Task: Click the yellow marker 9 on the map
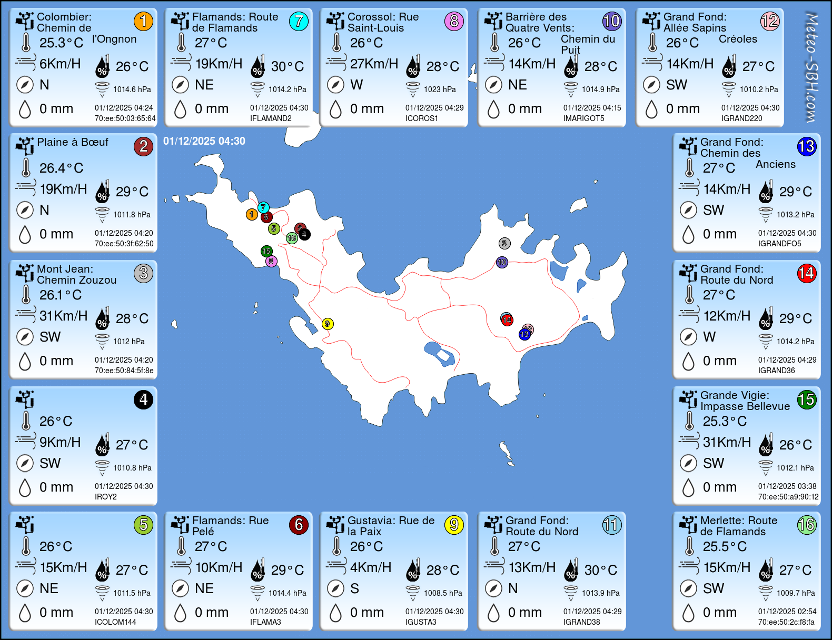click(x=328, y=324)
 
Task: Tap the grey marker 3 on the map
click(x=504, y=243)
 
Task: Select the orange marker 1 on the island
click(x=252, y=214)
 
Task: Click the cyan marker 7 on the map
click(x=263, y=207)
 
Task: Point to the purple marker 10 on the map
click(x=502, y=262)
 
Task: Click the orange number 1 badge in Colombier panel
click(x=143, y=21)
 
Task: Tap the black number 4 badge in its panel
click(x=143, y=399)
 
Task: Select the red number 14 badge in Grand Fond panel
click(x=806, y=273)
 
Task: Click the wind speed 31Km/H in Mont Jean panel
click(x=63, y=316)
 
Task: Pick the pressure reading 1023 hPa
click(x=440, y=89)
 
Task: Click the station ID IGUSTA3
click(x=421, y=622)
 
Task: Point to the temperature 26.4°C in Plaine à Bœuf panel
click(x=61, y=168)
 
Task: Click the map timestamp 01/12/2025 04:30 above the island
click(x=204, y=141)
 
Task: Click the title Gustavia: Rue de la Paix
click(x=391, y=526)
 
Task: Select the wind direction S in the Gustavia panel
click(x=354, y=588)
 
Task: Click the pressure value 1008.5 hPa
click(x=443, y=593)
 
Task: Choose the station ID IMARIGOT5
click(x=583, y=118)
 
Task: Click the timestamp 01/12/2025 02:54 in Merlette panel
click(x=787, y=612)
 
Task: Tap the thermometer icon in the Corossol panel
click(x=336, y=43)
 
